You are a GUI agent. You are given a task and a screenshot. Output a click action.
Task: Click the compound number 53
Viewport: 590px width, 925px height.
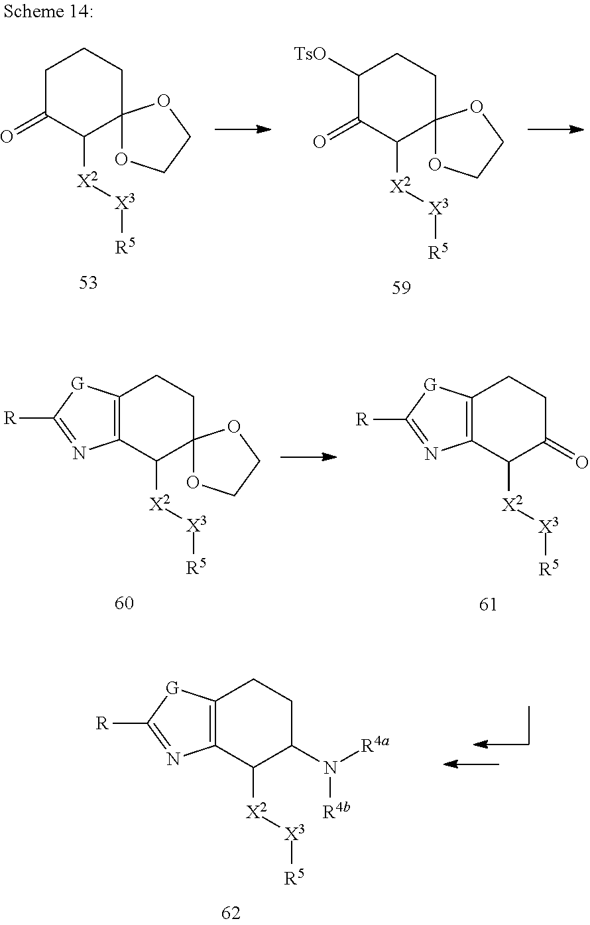(x=88, y=283)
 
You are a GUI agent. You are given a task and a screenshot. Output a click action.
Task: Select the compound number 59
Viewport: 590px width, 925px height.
(x=401, y=289)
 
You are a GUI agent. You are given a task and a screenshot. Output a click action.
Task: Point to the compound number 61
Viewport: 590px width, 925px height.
(x=487, y=605)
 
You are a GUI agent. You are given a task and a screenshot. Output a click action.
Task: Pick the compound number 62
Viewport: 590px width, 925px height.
(x=230, y=912)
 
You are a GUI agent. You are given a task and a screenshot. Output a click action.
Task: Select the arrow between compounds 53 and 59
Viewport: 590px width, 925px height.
(x=243, y=129)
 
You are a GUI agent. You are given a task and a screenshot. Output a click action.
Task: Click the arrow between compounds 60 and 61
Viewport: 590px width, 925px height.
(x=308, y=457)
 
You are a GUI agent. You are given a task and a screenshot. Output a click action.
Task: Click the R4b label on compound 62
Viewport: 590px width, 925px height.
(x=337, y=811)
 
